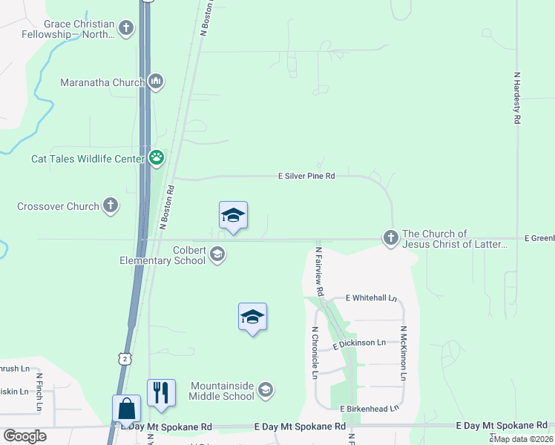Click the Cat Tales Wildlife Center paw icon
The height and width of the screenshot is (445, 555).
pyautogui.click(x=157, y=157)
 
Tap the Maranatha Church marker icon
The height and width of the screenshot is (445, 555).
pyautogui.click(x=156, y=82)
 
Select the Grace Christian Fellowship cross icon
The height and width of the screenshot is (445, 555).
pyautogui.click(x=127, y=29)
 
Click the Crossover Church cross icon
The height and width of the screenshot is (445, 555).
pyautogui.click(x=111, y=206)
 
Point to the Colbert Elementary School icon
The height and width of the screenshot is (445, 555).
pyautogui.click(x=217, y=256)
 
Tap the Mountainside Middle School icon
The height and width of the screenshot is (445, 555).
pyautogui.click(x=266, y=390)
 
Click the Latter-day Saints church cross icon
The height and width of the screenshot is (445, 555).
pyautogui.click(x=391, y=238)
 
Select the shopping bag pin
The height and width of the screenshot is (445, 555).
pyautogui.click(x=126, y=409)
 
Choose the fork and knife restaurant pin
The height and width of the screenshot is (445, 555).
pyautogui.click(x=161, y=392)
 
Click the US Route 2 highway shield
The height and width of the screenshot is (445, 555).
pyautogui.click(x=126, y=358)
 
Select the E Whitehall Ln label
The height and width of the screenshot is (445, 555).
pyautogui.click(x=372, y=298)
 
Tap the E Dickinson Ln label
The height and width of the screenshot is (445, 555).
pyautogui.click(x=360, y=343)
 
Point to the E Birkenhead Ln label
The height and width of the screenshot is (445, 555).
pyautogui.click(x=370, y=408)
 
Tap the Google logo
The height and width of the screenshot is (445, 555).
pyautogui.click(x=25, y=436)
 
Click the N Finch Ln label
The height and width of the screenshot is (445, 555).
pyautogui.click(x=39, y=392)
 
